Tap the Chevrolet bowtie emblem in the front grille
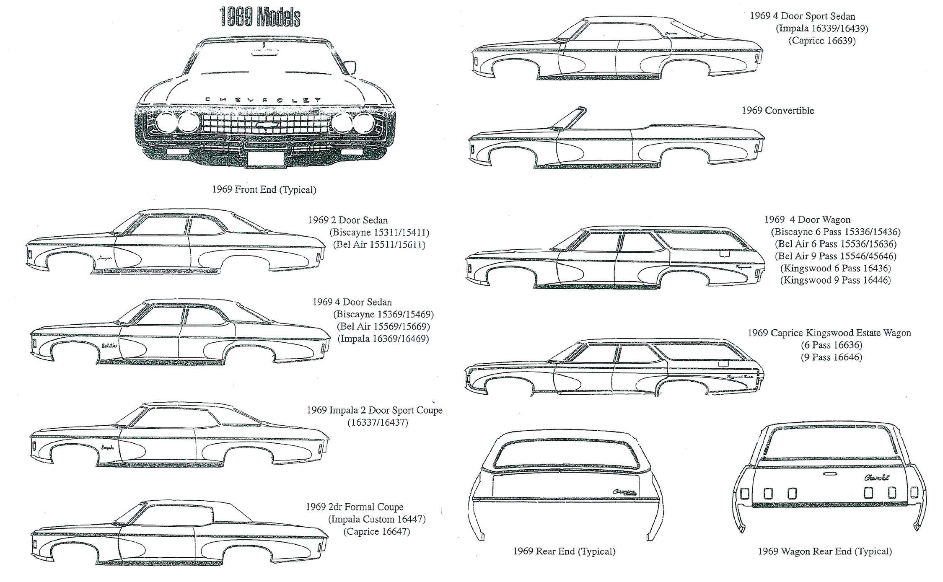click(269, 124)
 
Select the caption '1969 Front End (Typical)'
click(264, 189)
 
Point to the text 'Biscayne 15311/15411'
click(380, 232)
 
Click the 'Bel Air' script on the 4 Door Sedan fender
click(109, 346)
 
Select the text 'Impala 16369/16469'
click(383, 338)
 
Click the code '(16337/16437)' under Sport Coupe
click(377, 422)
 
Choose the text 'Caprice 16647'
click(376, 531)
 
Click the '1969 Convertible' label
click(777, 111)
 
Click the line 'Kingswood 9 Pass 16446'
click(835, 280)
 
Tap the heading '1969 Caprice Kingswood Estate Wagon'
click(829, 333)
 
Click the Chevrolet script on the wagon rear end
click(877, 478)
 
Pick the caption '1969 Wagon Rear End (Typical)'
click(824, 551)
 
